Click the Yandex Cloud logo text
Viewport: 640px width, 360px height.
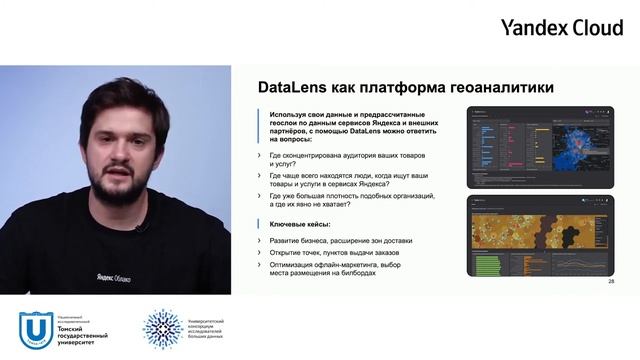(x=561, y=27)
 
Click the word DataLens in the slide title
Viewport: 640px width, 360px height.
(x=292, y=88)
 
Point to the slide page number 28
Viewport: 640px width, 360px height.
(x=611, y=282)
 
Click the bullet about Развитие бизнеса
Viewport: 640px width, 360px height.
(x=340, y=240)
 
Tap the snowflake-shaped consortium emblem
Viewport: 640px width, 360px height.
(x=163, y=329)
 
